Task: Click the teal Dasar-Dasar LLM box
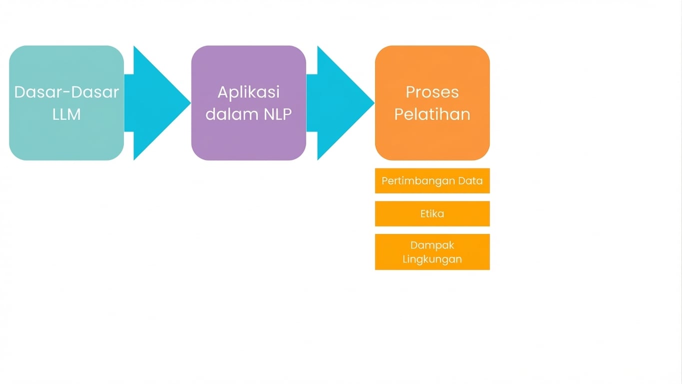tap(66, 135)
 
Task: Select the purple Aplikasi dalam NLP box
tap(248, 137)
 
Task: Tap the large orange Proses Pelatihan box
tap(432, 137)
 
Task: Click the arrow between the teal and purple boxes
tap(155, 103)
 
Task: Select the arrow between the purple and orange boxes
tap(339, 103)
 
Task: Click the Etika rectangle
tap(432, 213)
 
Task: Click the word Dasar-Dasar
tap(66, 92)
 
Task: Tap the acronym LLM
tap(66, 114)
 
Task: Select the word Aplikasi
tap(248, 92)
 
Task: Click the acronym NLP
tap(277, 114)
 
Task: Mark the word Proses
tap(432, 92)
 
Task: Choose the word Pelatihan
tap(432, 114)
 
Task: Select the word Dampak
tap(432, 245)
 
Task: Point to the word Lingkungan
tap(432, 259)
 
